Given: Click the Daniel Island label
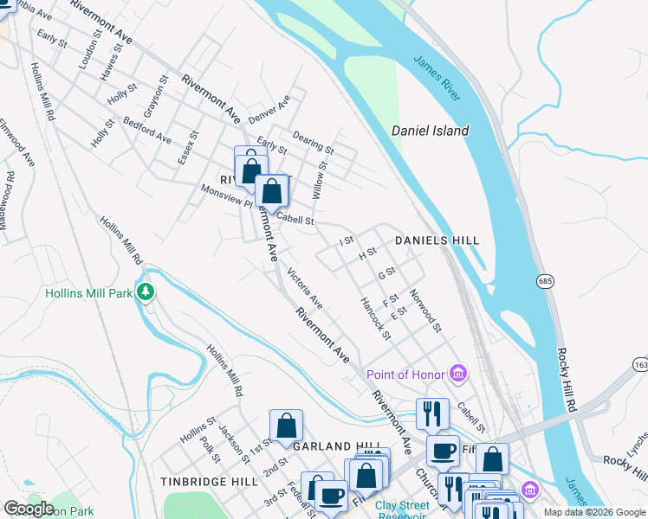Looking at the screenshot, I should (430, 131).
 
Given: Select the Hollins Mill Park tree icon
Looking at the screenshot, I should (147, 292).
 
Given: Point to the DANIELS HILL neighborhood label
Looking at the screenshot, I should (437, 240).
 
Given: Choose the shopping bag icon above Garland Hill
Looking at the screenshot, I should (286, 425).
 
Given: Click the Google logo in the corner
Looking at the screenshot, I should (29, 508).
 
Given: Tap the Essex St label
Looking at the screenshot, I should (189, 146).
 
